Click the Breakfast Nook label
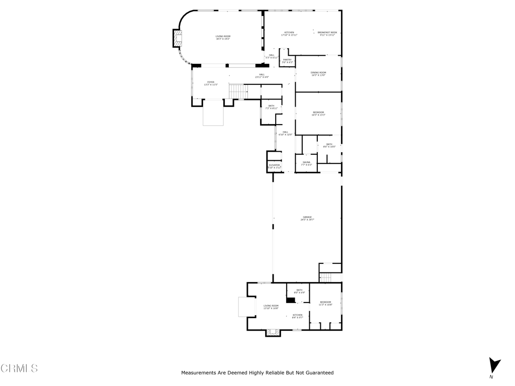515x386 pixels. tap(327, 34)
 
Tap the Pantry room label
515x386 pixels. tap(287, 61)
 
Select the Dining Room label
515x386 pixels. tap(318, 74)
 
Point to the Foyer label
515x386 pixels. tap(211, 83)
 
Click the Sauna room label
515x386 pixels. tap(306, 163)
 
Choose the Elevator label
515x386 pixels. tap(274, 166)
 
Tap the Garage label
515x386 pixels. tap(307, 218)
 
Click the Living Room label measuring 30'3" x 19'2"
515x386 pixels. tap(223, 38)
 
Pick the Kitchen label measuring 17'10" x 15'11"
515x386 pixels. tap(289, 34)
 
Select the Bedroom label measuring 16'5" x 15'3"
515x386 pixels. tap(318, 114)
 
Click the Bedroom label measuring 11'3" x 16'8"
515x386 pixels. tap(325, 303)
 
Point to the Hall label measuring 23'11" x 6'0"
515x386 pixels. tap(262, 76)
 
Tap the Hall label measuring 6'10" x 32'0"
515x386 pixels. tap(285, 133)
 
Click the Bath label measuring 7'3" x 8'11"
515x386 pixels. tap(271, 107)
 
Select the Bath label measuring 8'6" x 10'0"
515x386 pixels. tap(329, 145)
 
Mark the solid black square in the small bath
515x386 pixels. tap(290, 301)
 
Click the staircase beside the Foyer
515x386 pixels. tap(238, 91)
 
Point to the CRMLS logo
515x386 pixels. tap(19, 368)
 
